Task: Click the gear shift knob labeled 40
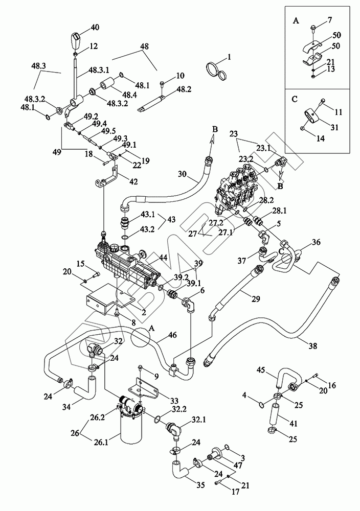coord(76,39)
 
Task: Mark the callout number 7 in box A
coord(330,20)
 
